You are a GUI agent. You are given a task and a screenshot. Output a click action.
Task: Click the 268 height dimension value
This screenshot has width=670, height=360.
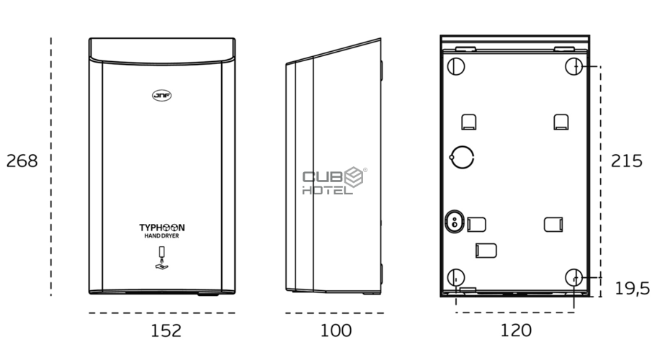[x=22, y=161]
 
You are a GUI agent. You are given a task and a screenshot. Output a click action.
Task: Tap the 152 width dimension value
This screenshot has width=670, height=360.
[x=166, y=330]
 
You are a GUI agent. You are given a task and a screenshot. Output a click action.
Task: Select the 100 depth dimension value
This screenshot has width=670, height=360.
[x=336, y=330]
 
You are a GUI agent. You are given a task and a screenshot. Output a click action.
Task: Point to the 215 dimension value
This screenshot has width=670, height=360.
[x=627, y=161]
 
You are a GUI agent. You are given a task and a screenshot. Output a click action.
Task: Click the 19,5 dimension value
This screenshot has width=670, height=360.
[x=632, y=289]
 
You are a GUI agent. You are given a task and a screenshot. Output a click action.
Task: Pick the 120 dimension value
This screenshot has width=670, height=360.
[x=516, y=330]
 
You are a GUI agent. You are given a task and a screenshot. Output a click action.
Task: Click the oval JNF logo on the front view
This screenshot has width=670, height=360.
[x=162, y=95]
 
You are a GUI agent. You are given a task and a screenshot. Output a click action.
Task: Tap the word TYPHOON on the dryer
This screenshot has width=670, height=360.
[x=162, y=228]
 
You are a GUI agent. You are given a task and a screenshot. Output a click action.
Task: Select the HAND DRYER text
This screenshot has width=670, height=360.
[x=161, y=235]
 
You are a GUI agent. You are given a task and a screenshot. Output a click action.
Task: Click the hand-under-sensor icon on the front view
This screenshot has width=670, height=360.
[x=161, y=258]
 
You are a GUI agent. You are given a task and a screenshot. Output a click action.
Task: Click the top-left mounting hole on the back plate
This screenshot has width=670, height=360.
[x=456, y=67]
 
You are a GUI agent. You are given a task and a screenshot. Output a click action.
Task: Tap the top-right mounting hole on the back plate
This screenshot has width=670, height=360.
[x=574, y=67]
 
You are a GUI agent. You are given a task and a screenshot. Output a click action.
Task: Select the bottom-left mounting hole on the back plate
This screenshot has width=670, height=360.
[x=456, y=278]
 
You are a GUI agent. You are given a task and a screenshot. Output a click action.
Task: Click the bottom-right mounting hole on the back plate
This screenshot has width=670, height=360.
[x=574, y=278]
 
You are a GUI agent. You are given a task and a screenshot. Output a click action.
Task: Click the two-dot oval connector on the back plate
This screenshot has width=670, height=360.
[x=454, y=221]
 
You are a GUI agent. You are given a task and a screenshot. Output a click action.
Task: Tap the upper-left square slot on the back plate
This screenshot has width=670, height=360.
[x=469, y=122]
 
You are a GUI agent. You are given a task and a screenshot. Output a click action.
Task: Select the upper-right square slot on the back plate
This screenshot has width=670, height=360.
[x=561, y=122]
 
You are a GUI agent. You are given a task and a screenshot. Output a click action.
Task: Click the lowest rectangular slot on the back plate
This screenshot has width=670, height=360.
[x=486, y=251]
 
